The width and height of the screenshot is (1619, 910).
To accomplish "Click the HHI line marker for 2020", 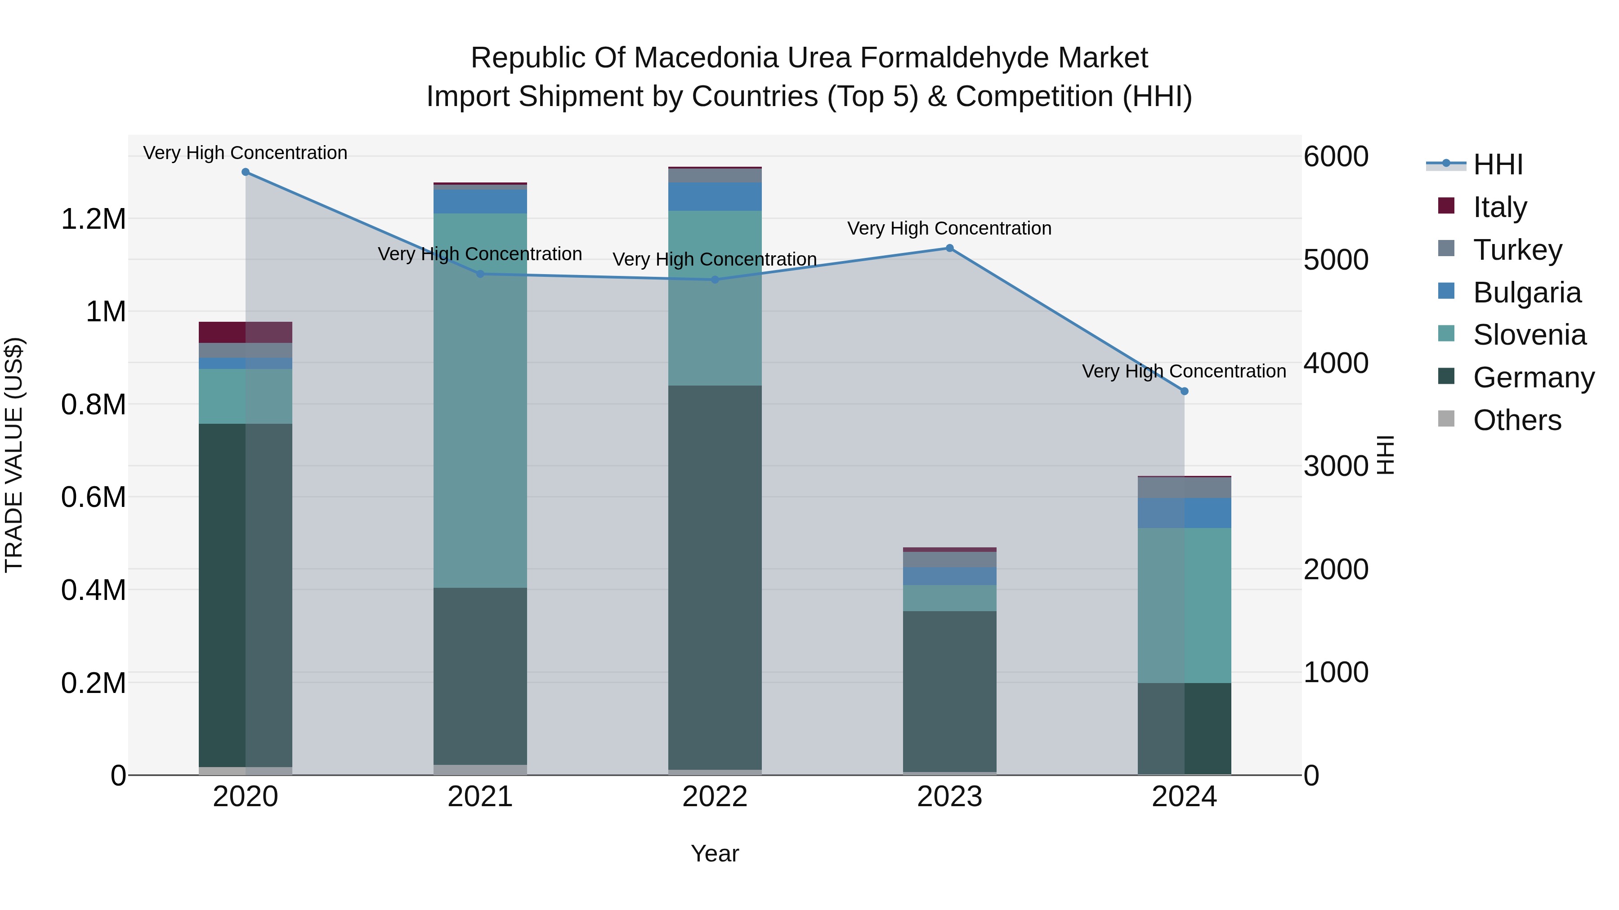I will pyautogui.click(x=246, y=172).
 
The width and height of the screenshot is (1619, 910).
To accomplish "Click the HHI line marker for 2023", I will pyautogui.click(x=950, y=248).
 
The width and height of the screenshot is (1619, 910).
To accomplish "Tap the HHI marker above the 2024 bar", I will pyautogui.click(x=1184, y=391).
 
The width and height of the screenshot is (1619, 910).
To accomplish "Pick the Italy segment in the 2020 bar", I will pyautogui.click(x=245, y=332).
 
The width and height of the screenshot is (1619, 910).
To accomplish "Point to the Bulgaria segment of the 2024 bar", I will pyautogui.click(x=1184, y=513).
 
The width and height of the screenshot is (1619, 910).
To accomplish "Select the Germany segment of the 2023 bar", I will pyautogui.click(x=950, y=691).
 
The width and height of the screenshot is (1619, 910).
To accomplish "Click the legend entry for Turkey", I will pyautogui.click(x=1517, y=250).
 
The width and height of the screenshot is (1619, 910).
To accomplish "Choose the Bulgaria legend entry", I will pyautogui.click(x=1527, y=293).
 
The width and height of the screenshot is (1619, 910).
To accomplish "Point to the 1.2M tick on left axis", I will pyautogui.click(x=93, y=220).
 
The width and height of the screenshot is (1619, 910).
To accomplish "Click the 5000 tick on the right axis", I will pyautogui.click(x=1336, y=260).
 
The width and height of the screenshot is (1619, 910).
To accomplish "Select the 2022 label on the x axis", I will pyautogui.click(x=715, y=797).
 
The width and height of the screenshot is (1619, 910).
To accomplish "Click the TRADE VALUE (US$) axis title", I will pyautogui.click(x=14, y=455).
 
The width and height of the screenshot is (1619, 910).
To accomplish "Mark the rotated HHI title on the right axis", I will pyautogui.click(x=1385, y=455).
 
